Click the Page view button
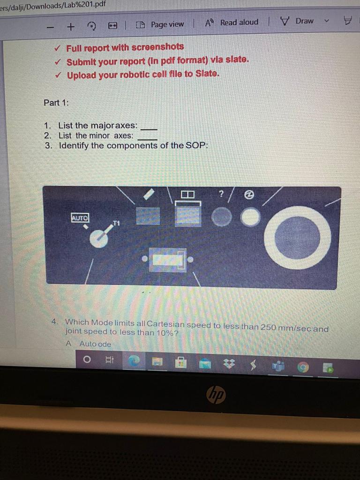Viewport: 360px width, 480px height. [160, 24]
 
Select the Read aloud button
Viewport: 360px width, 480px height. [232, 22]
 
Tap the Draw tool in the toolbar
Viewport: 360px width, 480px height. [297, 21]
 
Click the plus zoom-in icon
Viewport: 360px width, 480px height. [71, 27]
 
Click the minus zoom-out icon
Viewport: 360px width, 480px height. [51, 27]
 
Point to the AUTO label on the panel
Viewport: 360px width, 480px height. [80, 217]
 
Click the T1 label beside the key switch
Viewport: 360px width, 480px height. [116, 223]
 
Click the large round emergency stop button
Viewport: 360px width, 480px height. [297, 238]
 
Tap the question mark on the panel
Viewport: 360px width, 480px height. [221, 194]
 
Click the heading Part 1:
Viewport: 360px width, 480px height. [56, 103]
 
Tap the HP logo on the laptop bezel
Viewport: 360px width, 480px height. [216, 395]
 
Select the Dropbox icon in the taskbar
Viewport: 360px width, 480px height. [229, 363]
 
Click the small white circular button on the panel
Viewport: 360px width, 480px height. [250, 217]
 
